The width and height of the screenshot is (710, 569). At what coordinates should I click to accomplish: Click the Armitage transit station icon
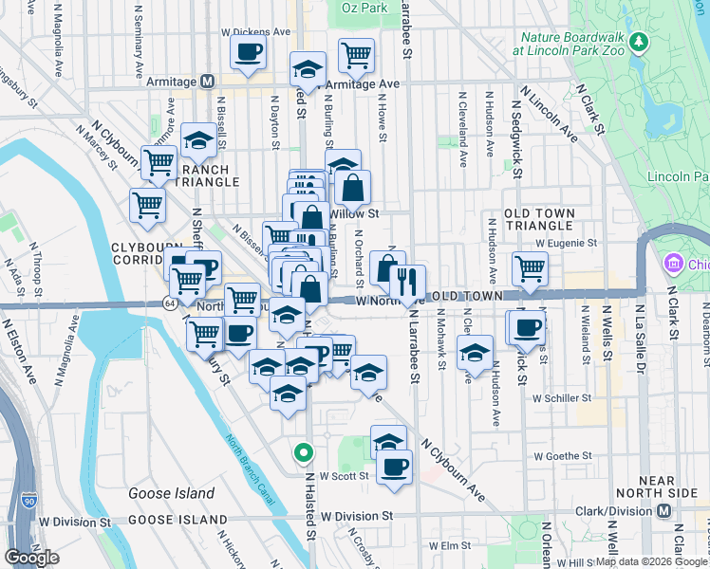[207, 83]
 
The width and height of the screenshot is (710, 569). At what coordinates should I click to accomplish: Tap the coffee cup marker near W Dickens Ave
[249, 52]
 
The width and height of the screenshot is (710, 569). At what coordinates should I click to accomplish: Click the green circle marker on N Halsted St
[304, 453]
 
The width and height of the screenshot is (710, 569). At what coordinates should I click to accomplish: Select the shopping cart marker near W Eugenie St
[530, 268]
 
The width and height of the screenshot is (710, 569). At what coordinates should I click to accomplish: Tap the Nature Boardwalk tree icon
[640, 42]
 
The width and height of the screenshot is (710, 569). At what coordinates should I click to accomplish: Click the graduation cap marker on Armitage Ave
[308, 69]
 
